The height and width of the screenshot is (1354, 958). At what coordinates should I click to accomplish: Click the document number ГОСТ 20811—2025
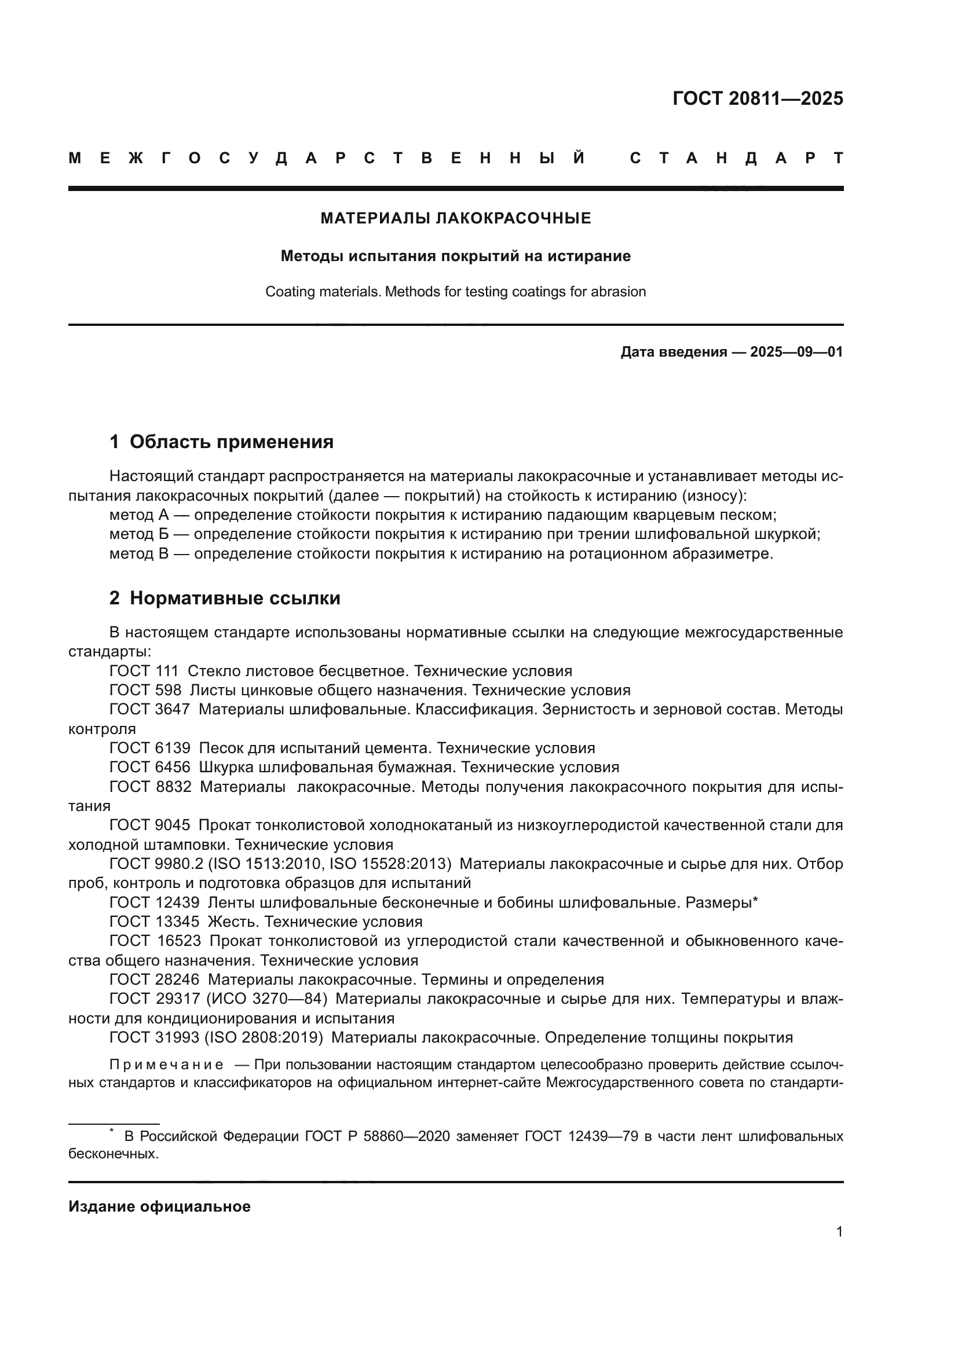(758, 98)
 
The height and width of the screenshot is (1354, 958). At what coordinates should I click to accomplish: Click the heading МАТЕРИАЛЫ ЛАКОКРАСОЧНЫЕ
(455, 219)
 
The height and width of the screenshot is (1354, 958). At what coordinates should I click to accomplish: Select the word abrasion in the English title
(621, 292)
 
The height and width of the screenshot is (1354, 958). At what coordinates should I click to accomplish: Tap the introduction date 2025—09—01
(796, 353)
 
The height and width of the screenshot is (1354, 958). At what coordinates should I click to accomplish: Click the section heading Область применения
(231, 442)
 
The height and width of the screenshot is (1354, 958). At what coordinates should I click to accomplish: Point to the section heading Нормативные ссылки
(235, 598)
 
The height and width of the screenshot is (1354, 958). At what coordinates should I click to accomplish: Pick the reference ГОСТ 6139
(150, 748)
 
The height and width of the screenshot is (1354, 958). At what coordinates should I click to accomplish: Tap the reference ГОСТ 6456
(150, 768)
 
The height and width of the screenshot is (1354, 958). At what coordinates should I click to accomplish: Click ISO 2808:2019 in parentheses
(264, 1038)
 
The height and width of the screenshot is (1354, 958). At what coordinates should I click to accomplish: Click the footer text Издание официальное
(159, 1206)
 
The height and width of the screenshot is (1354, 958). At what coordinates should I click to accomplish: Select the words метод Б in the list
(139, 534)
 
